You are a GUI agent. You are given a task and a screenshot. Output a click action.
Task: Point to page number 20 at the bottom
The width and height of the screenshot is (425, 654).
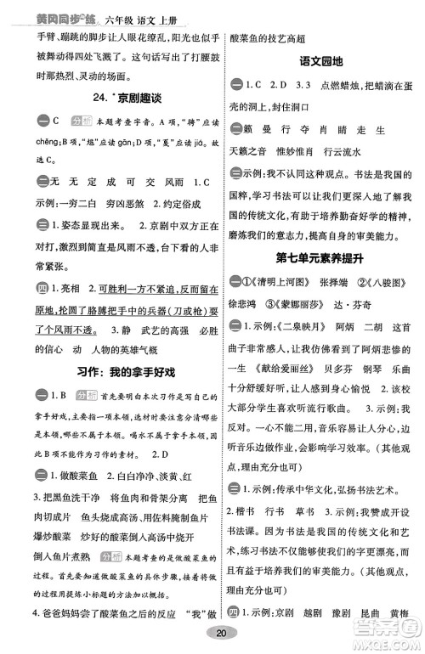click(x=222, y=632)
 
